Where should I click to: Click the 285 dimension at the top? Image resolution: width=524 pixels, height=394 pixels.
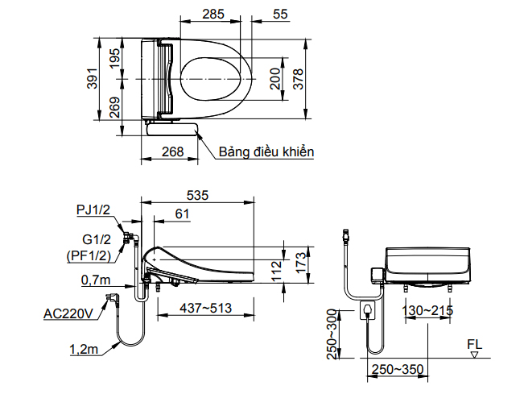point(213,15)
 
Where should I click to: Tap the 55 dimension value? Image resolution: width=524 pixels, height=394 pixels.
point(280,15)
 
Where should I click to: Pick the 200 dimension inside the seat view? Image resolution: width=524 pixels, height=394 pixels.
point(274,80)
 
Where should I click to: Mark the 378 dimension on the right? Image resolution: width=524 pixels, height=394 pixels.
point(299,80)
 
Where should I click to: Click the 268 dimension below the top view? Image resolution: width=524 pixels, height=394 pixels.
point(172,151)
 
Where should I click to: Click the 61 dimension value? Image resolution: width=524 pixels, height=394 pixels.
point(182,214)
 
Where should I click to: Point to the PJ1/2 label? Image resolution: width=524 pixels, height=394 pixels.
point(93,210)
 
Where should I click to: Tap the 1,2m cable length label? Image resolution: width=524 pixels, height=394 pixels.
point(85,349)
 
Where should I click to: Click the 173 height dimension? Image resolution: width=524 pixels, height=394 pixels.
point(299,261)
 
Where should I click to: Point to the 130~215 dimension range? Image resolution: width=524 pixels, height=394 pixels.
point(430,311)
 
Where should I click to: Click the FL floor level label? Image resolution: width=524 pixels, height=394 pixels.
point(476,344)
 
